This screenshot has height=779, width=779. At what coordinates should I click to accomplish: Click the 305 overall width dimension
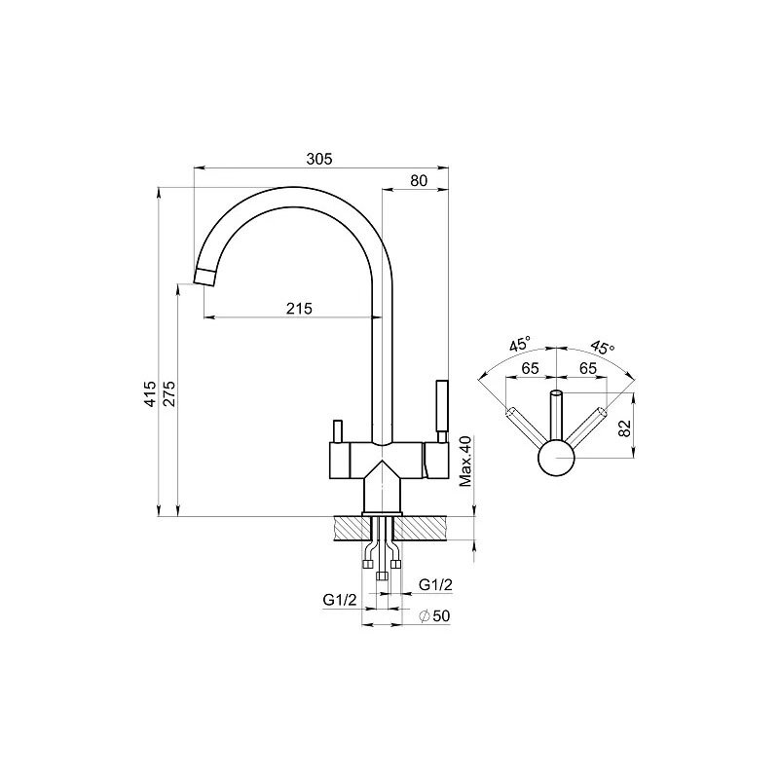coord(319,159)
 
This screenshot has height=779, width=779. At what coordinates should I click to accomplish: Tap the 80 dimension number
coord(419,180)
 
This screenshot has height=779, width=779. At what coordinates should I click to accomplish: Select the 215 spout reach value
coord(299,309)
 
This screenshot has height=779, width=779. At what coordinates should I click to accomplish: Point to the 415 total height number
coord(150,394)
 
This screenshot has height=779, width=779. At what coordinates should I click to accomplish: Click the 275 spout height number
coord(169,394)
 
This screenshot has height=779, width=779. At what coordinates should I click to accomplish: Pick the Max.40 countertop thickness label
coord(465,462)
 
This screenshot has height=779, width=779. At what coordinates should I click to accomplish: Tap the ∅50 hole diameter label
coord(434,616)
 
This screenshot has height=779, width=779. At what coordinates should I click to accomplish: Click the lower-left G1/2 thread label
coord(340,600)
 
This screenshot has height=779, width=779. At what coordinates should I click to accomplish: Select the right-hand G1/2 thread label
coord(435,585)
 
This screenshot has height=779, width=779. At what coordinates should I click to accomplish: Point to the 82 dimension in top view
coord(625,427)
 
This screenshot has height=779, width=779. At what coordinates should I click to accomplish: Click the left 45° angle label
coord(520,344)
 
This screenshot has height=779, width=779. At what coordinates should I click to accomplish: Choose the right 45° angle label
coord(603,347)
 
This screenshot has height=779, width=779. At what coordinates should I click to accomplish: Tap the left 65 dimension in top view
coord(530,369)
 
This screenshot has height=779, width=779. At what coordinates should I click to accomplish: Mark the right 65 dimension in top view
coord(588,369)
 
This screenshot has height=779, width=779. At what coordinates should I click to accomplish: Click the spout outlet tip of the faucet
coord(204,277)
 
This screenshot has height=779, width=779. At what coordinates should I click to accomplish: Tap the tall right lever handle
coord(442,411)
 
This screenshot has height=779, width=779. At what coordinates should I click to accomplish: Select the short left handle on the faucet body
coord(337,431)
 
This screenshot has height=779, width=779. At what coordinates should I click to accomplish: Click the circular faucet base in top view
coord(556,458)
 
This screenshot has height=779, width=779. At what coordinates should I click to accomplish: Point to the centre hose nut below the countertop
coord(382,575)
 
